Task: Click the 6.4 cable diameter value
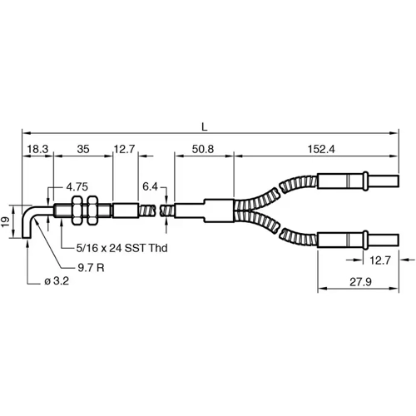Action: [x=151, y=185]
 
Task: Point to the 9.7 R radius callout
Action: [x=91, y=268]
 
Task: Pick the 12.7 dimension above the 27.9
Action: [x=379, y=260]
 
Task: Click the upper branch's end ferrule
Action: [x=340, y=184]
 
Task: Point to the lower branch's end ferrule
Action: [x=340, y=240]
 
